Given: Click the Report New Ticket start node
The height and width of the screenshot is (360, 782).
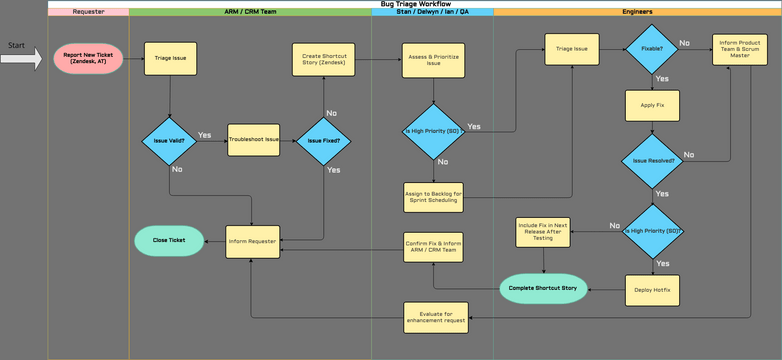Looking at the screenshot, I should (88, 58).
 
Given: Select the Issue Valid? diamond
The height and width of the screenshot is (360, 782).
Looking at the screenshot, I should (169, 141).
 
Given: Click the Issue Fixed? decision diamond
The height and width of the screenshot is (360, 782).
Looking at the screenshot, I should (322, 141).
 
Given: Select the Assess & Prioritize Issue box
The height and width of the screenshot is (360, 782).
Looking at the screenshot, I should (432, 59).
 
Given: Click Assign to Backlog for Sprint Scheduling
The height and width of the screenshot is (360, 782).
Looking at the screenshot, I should (433, 196).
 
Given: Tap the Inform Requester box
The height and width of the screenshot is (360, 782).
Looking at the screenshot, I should (252, 241).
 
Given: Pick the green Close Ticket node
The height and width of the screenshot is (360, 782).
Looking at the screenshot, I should (168, 240).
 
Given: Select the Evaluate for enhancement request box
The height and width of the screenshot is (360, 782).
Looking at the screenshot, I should (432, 317).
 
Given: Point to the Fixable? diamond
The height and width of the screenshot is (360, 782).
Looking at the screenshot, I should (652, 47).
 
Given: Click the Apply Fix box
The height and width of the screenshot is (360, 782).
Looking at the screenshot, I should (652, 104).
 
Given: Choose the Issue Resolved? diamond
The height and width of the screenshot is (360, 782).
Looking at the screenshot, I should (652, 159).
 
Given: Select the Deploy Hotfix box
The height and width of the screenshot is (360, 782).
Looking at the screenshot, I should (652, 289).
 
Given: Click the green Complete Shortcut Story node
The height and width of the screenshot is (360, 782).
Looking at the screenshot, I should (543, 289).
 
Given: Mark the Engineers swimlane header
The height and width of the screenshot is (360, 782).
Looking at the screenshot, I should (637, 12).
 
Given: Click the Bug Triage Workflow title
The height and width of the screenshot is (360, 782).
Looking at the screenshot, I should (414, 4).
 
